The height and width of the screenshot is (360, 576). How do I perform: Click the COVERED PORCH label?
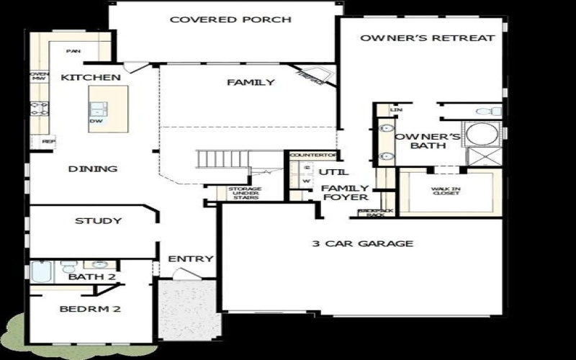coord(230,19)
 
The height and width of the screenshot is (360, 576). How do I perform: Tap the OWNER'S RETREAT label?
coord(427,38)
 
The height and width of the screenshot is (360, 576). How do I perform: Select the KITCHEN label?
coord(90,77)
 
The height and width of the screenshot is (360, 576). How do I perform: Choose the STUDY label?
coord(98,221)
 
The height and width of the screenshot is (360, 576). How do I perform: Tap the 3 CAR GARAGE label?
coord(362,243)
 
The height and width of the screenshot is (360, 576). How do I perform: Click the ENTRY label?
coord(191,259)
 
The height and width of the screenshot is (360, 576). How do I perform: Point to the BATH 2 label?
coord(92,277)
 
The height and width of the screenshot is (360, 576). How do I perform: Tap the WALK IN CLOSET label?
coord(446,192)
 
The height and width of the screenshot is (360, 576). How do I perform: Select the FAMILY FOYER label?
coord(346,192)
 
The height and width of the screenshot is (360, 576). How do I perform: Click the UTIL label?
coord(333,173)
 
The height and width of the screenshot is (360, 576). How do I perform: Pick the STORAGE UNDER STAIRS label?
coord(245,193)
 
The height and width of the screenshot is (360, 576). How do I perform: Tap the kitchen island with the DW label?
coord(108,109)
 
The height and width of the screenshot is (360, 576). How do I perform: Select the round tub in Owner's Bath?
coord(480,135)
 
